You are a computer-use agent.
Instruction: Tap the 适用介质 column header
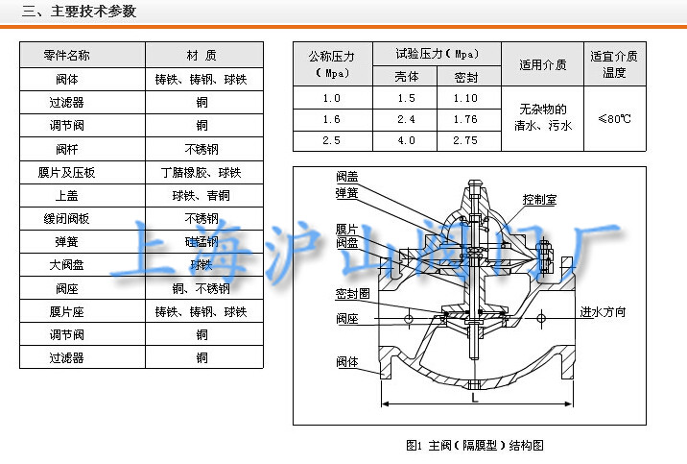coord(542,65)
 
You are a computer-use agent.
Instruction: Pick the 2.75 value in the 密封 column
coord(465,140)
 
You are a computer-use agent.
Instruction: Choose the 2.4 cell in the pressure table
coord(407,119)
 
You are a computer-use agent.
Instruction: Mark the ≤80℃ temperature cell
coord(614,119)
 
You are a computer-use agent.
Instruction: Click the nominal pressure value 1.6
coord(332,119)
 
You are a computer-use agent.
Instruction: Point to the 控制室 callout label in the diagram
coord(539,201)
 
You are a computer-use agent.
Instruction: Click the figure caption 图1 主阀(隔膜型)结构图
coord(475,445)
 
